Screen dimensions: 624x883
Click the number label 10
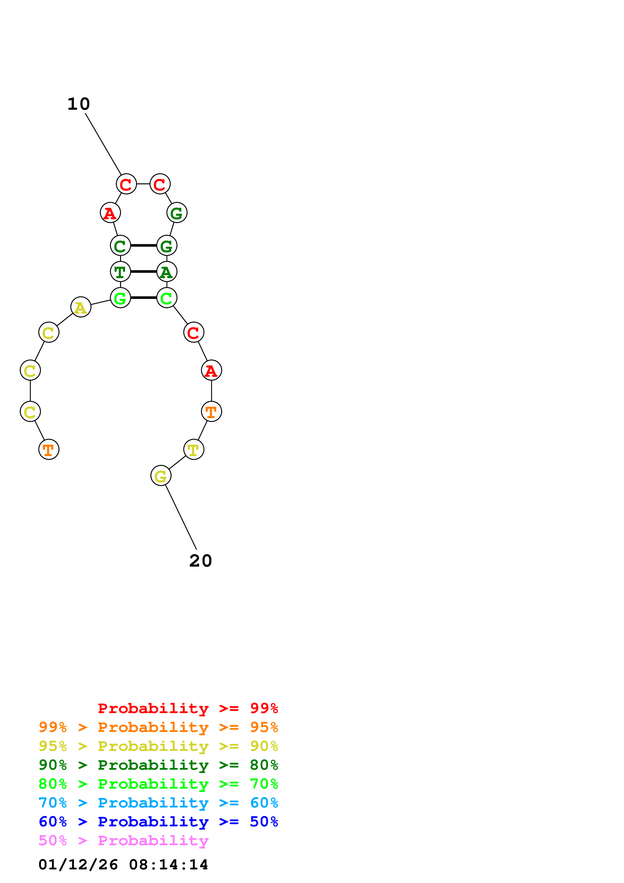pos(79,104)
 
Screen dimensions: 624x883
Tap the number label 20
pos(200,561)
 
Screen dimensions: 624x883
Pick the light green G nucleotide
pos(120,298)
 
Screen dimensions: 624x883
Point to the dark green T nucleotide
pos(120,272)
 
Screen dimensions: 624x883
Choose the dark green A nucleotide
pos(166,272)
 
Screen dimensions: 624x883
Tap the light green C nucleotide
pos(166,298)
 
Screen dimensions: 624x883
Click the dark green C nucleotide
pos(120,245)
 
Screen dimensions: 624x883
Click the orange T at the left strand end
pos(49,449)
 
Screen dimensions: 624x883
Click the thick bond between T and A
pos(143,272)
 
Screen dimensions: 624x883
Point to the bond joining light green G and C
pos(143,298)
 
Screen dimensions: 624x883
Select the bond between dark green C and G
pos(143,245)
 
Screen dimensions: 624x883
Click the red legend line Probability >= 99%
pos(188,708)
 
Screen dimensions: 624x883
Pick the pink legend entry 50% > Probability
pos(123,841)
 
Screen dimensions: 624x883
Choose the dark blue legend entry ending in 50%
pos(158,822)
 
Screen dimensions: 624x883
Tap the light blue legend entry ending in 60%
pos(158,803)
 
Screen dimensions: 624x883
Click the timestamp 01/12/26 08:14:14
pos(123,865)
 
